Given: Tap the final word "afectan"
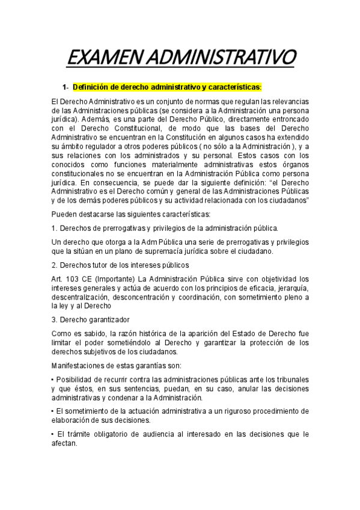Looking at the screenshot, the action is pyautogui.click(x=64, y=443).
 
